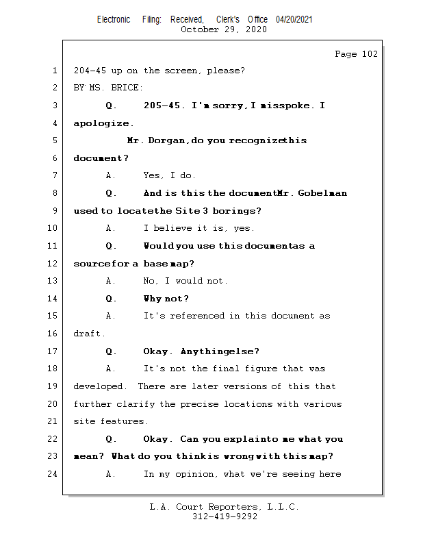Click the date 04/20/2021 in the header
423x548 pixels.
pyautogui.click(x=294, y=19)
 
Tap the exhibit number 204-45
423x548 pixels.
pyautogui.click(x=90, y=71)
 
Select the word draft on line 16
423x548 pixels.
pyautogui.click(x=88, y=334)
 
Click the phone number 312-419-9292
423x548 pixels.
pyautogui.click(x=225, y=517)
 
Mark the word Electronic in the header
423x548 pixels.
pyautogui.click(x=114, y=19)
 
